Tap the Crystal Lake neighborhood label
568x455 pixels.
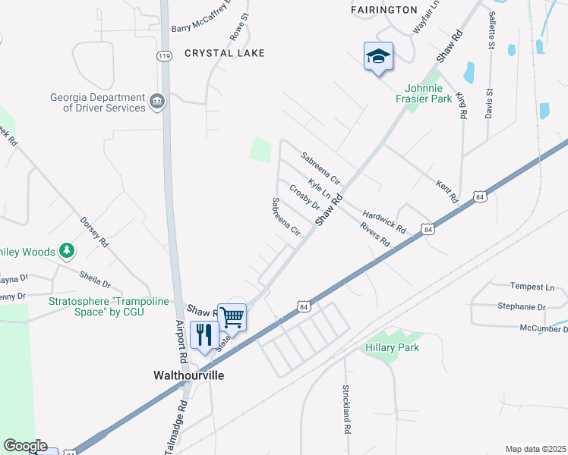click(225, 53)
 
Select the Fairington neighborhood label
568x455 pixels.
click(384, 10)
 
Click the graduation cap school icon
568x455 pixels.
click(378, 56)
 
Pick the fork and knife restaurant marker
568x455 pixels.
click(204, 334)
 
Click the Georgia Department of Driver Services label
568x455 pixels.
click(98, 102)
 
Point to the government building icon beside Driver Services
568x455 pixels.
click(157, 101)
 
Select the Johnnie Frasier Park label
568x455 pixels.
click(424, 93)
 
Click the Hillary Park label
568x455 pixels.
click(392, 347)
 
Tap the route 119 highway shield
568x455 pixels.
click(165, 56)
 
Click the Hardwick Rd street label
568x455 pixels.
click(385, 221)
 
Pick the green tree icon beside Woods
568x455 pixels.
click(68, 250)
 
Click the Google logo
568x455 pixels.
click(25, 446)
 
